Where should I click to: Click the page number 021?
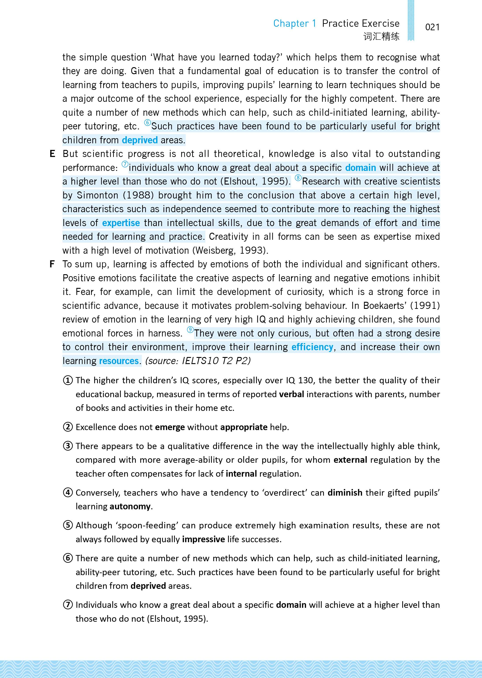click(x=432, y=27)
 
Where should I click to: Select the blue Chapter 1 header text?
click(x=295, y=23)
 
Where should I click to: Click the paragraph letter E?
click(x=52, y=154)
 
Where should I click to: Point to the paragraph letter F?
click(x=52, y=264)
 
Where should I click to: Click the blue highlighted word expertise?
click(x=121, y=223)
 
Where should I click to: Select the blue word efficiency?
click(x=312, y=347)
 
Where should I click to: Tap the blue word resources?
click(x=119, y=361)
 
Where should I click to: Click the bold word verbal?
click(x=291, y=394)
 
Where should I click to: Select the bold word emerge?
click(x=170, y=427)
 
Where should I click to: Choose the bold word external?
click(x=350, y=460)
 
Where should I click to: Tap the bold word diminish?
click(x=345, y=493)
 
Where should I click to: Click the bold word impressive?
click(x=203, y=539)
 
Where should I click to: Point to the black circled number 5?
click(x=68, y=525)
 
